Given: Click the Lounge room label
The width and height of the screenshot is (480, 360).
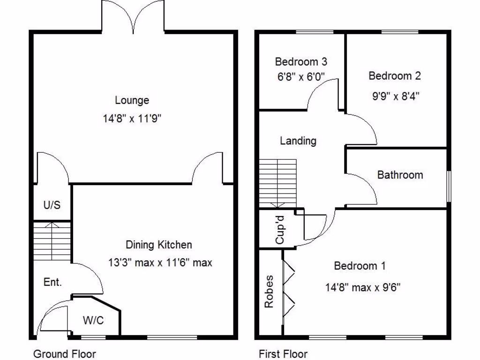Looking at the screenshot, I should (132, 100).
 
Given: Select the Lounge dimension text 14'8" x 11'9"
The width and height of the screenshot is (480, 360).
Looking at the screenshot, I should (132, 119).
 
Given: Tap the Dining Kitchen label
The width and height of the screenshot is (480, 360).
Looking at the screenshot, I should (159, 244).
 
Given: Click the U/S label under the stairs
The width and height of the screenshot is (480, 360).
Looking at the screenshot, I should (52, 205).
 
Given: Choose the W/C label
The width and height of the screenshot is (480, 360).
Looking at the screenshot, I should (93, 321).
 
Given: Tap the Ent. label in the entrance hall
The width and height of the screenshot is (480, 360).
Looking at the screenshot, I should (52, 282).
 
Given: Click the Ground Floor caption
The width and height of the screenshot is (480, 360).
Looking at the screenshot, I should (65, 353).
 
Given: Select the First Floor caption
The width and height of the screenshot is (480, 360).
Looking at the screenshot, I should (283, 353).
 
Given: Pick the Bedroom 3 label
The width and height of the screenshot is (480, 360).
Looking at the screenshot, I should (301, 61).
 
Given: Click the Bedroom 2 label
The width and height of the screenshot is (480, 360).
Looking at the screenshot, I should (395, 76).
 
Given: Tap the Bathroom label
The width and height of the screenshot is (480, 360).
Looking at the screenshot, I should (400, 175).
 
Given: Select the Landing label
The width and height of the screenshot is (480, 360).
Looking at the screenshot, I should (298, 141).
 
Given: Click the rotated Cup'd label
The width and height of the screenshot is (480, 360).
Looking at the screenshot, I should (280, 230).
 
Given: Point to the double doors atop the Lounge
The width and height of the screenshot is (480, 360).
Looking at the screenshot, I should (133, 16).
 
